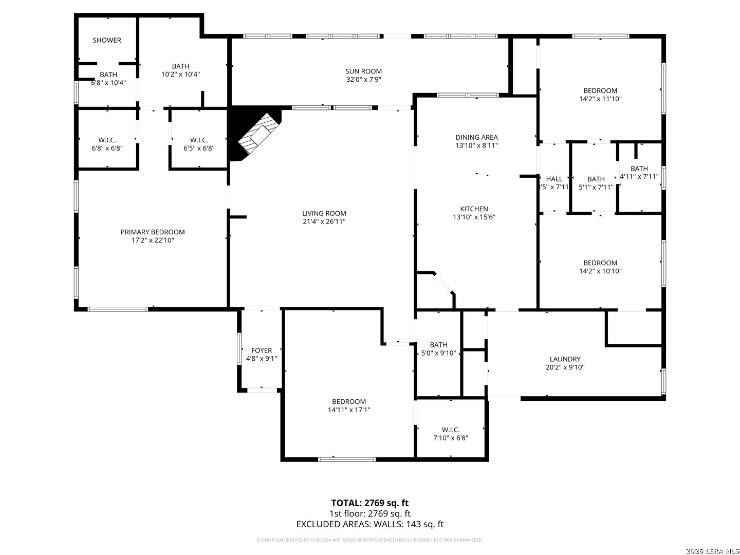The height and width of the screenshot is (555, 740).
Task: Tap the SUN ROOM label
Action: tap(363, 71)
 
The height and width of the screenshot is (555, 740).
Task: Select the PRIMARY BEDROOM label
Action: tap(153, 232)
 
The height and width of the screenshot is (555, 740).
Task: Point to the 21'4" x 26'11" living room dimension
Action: tap(324, 221)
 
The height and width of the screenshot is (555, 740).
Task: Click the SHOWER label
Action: tap(107, 40)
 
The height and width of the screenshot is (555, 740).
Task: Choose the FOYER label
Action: tap(262, 350)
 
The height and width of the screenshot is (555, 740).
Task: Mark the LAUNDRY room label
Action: tap(565, 359)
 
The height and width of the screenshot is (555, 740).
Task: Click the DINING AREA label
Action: tap(476, 137)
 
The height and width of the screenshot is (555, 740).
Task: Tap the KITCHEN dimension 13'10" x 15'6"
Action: tap(474, 217)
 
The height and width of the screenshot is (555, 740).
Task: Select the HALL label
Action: tap(554, 179)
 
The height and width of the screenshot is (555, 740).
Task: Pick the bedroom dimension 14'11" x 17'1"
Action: tap(349, 410)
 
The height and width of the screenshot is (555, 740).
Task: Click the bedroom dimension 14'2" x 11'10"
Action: tap(600, 99)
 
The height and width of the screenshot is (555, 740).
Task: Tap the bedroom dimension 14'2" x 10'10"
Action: tap(600, 271)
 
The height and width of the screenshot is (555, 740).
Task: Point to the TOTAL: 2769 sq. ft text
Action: tap(369, 503)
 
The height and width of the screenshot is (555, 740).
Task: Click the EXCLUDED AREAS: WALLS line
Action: tap(369, 524)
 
